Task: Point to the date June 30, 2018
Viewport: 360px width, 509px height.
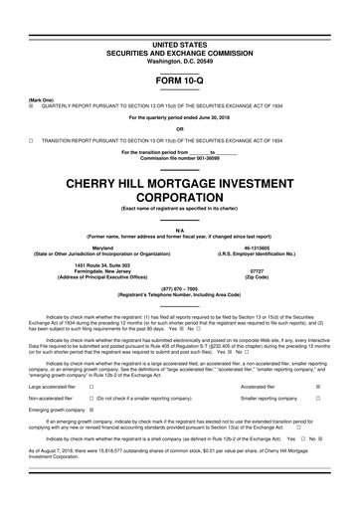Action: (x=210, y=120)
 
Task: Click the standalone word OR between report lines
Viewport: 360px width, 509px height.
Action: (x=179, y=130)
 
